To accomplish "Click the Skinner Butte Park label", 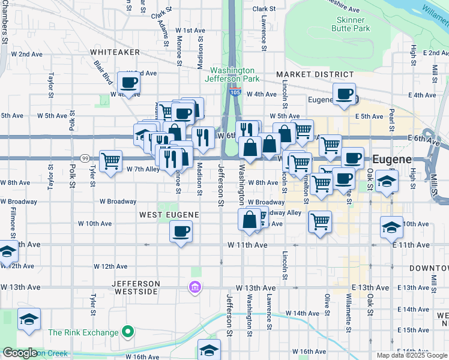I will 351,24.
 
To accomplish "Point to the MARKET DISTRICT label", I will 315,74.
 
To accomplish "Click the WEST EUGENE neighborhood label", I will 165,214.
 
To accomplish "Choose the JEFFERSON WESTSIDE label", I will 135,287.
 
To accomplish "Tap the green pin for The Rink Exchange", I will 127,331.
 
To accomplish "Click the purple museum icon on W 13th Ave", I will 194,287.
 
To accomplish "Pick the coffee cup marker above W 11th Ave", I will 181,231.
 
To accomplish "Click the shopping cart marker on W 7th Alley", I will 110,161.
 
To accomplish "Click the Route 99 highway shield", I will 86,158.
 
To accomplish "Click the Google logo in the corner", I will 20,353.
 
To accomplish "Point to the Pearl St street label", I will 391,113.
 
